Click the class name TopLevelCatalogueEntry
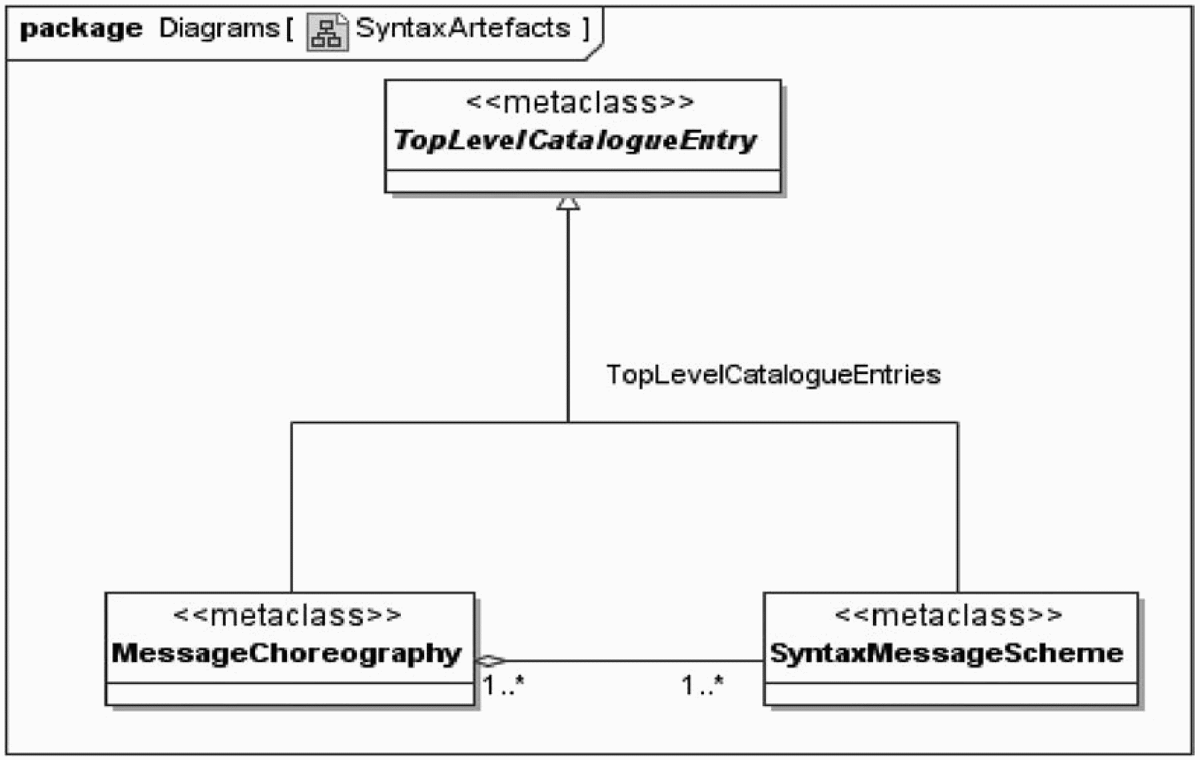pyautogui.click(x=575, y=140)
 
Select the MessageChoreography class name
pyautogui.click(x=286, y=654)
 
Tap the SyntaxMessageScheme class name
pyautogui.click(x=946, y=654)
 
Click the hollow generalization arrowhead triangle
pyautogui.click(x=568, y=202)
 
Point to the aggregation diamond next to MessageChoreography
pyautogui.click(x=491, y=661)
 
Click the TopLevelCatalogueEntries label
pyautogui.click(x=773, y=375)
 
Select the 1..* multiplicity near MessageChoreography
pyautogui.click(x=503, y=685)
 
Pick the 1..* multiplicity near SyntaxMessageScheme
pyautogui.click(x=703, y=685)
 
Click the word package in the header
pyautogui.click(x=81, y=29)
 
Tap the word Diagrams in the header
pyautogui.click(x=219, y=28)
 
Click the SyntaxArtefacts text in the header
pyautogui.click(x=463, y=28)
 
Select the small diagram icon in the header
pyautogui.click(x=327, y=32)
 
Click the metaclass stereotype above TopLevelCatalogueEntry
pyautogui.click(x=580, y=102)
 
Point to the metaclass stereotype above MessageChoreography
pyautogui.click(x=287, y=614)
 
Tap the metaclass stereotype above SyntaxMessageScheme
pyautogui.click(x=948, y=614)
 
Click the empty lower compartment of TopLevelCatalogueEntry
pyautogui.click(x=583, y=182)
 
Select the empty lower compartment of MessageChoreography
pyautogui.click(x=290, y=693)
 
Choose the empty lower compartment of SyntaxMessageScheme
pyautogui.click(x=950, y=693)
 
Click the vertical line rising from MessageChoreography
pyautogui.click(x=292, y=507)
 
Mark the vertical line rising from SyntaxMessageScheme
pyautogui.click(x=958, y=507)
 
